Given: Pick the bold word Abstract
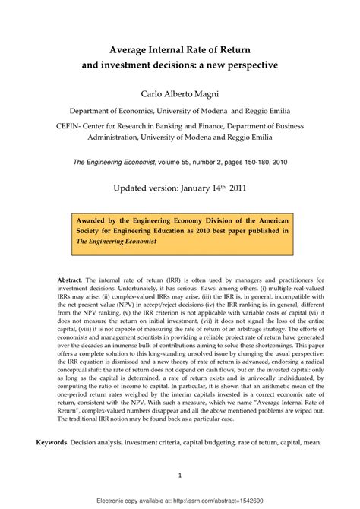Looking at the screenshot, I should [72, 280].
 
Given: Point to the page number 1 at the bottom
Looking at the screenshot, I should [179, 476].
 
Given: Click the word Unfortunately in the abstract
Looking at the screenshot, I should [147, 290].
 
